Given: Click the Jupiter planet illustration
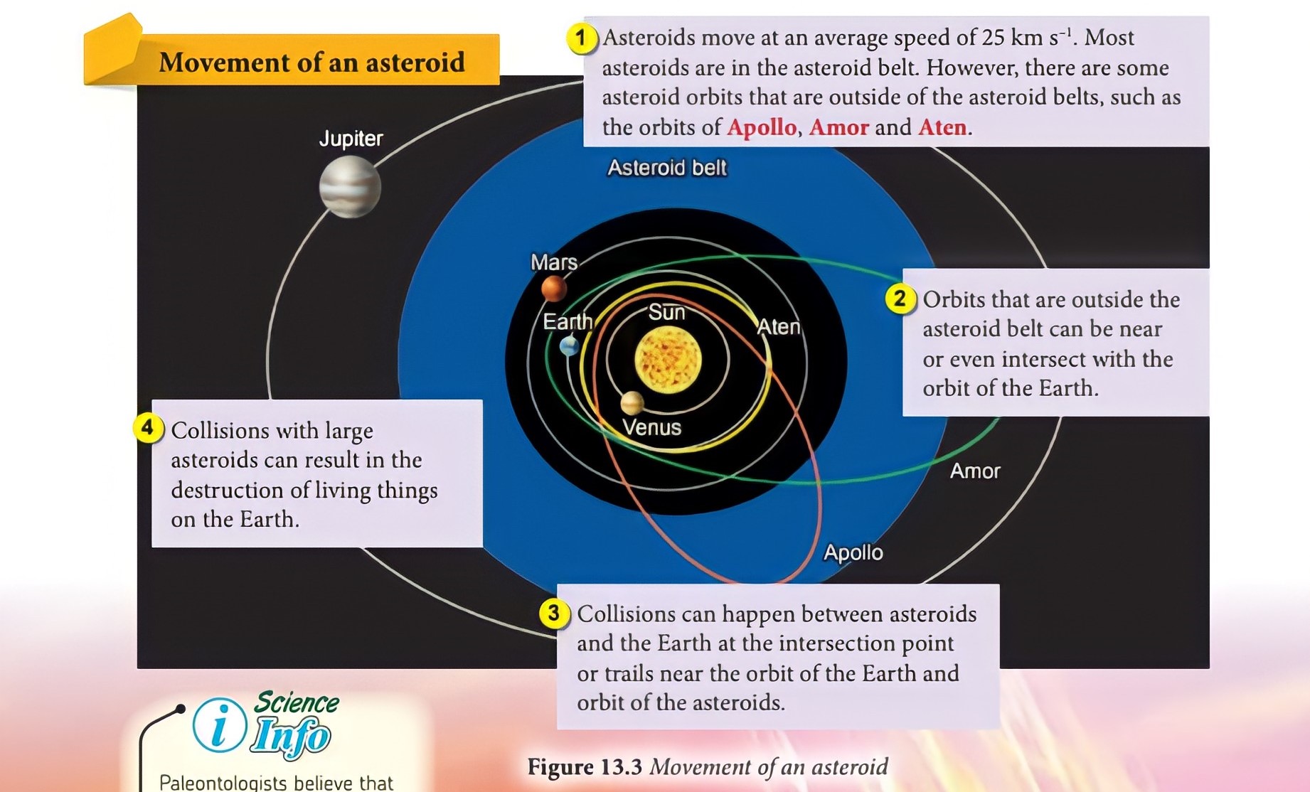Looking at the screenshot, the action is tap(350, 187).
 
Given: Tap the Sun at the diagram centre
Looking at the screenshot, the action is tap(668, 360).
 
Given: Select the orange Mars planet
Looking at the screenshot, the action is tap(554, 289).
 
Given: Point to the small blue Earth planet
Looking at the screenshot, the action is tap(569, 346).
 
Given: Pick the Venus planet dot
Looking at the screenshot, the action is tap(632, 403).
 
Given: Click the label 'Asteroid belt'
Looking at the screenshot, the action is tap(667, 168).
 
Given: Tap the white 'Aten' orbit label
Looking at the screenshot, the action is tap(779, 326).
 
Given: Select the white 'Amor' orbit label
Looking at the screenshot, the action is tap(975, 471).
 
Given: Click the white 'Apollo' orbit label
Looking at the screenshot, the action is tap(853, 552).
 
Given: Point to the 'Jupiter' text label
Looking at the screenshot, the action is tap(351, 138).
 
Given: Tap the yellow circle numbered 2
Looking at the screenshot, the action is tap(900, 299).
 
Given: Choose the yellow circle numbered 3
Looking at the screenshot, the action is tap(554, 613).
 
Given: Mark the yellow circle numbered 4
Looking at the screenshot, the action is tap(148, 428).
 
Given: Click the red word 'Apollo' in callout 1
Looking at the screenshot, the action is tap(762, 127).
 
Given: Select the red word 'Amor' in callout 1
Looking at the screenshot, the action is tap(839, 127).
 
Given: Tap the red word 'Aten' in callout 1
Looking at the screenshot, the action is tap(942, 127).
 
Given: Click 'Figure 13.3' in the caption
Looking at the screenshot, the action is tap(585, 766).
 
